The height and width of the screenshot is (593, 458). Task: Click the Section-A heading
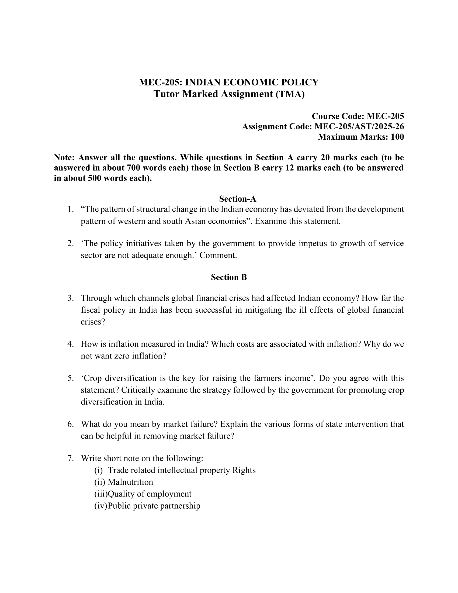[237, 199]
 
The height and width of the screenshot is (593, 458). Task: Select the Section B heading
[229, 277]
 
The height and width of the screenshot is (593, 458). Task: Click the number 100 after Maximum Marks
[397, 137]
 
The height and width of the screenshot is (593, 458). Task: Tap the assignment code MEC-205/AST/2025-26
[359, 126]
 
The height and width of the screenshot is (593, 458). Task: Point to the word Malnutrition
[130, 482]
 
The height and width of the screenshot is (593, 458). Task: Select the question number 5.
[71, 378]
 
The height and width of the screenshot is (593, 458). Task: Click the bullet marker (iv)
[100, 506]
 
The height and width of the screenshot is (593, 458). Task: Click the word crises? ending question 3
[93, 322]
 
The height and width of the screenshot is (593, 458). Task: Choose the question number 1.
[71, 209]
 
